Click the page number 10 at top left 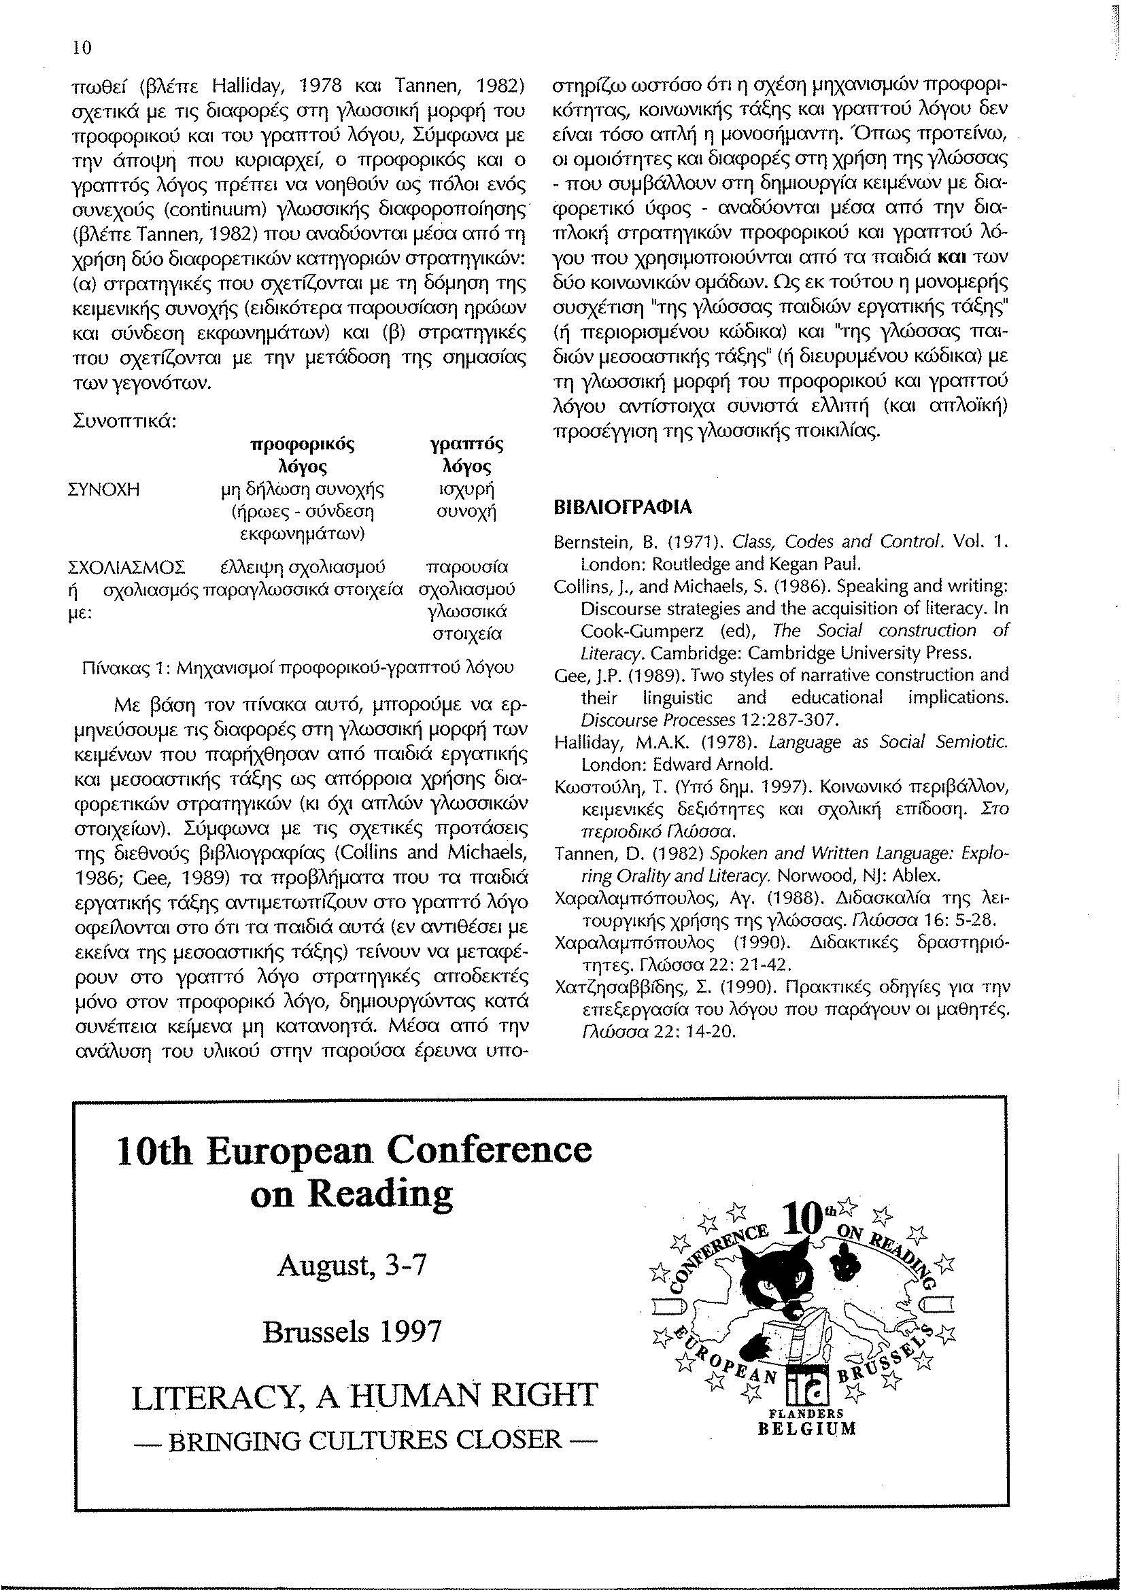click(x=83, y=49)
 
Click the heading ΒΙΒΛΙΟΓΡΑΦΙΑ click(x=622, y=508)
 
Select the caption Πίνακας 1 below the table click(x=298, y=668)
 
